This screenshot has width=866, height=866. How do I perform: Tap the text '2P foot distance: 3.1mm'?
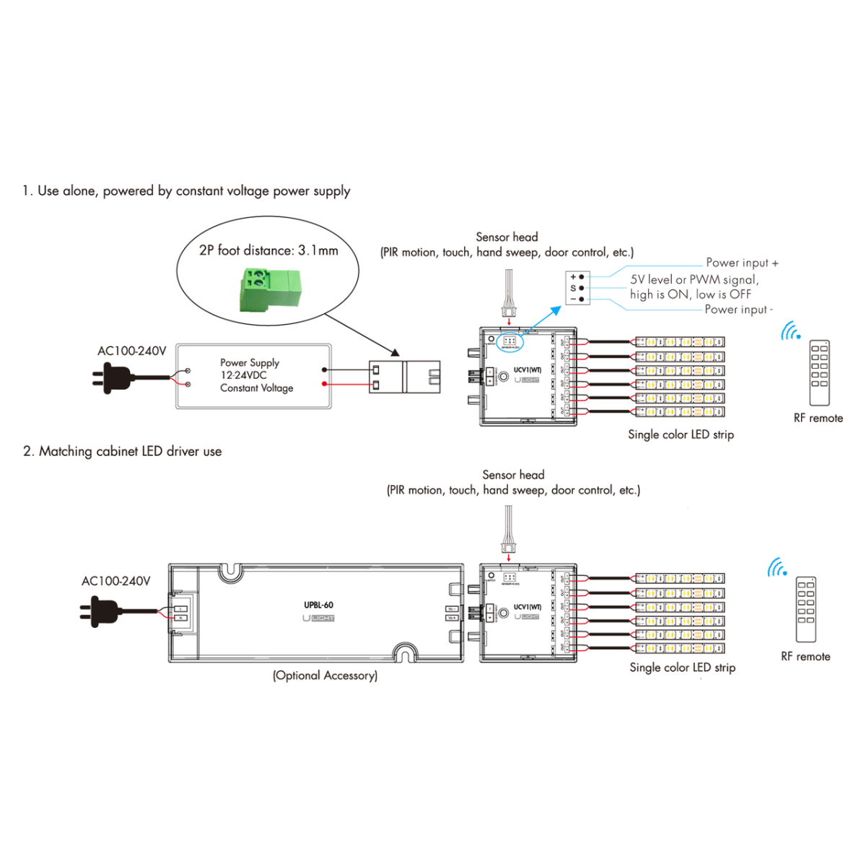click(268, 250)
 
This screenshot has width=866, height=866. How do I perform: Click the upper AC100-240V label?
click(131, 351)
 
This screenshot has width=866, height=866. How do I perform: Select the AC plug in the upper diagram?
click(113, 377)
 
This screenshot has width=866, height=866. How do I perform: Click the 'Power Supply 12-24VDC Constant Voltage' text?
click(255, 375)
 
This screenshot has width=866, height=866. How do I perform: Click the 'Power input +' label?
click(741, 263)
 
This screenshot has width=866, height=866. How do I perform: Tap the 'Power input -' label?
click(738, 310)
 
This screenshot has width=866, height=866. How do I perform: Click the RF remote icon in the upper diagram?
click(819, 373)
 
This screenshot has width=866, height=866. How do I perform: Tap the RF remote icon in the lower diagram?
click(805, 609)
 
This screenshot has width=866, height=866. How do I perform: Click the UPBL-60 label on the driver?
click(318, 605)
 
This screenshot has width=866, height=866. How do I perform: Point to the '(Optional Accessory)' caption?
click(325, 675)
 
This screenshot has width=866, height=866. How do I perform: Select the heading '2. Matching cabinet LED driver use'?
click(122, 451)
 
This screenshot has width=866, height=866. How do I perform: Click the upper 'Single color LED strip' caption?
click(681, 434)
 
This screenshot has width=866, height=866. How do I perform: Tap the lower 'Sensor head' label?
click(513, 475)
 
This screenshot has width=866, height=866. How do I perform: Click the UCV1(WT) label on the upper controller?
click(527, 370)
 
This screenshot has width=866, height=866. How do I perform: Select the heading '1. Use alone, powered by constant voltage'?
click(186, 191)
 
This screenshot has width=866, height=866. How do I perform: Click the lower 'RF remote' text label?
click(805, 657)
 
